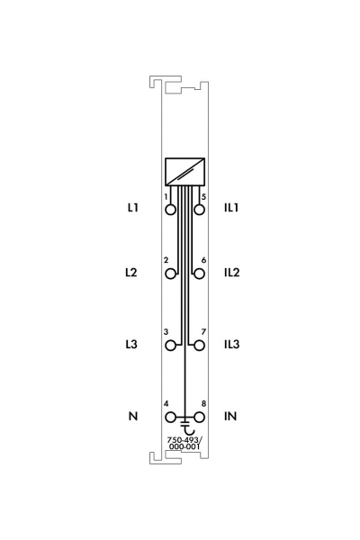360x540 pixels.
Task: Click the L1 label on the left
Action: tap(133, 208)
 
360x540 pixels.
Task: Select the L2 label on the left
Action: tap(131, 273)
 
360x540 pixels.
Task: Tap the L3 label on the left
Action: tap(131, 344)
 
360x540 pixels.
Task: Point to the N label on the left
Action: tap(133, 416)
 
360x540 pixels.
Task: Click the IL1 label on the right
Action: tap(231, 208)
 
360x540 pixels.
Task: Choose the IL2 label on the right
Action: tap(232, 273)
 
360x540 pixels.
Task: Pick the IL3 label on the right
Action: tap(232, 344)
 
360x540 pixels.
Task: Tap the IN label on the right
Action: tap(230, 416)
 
